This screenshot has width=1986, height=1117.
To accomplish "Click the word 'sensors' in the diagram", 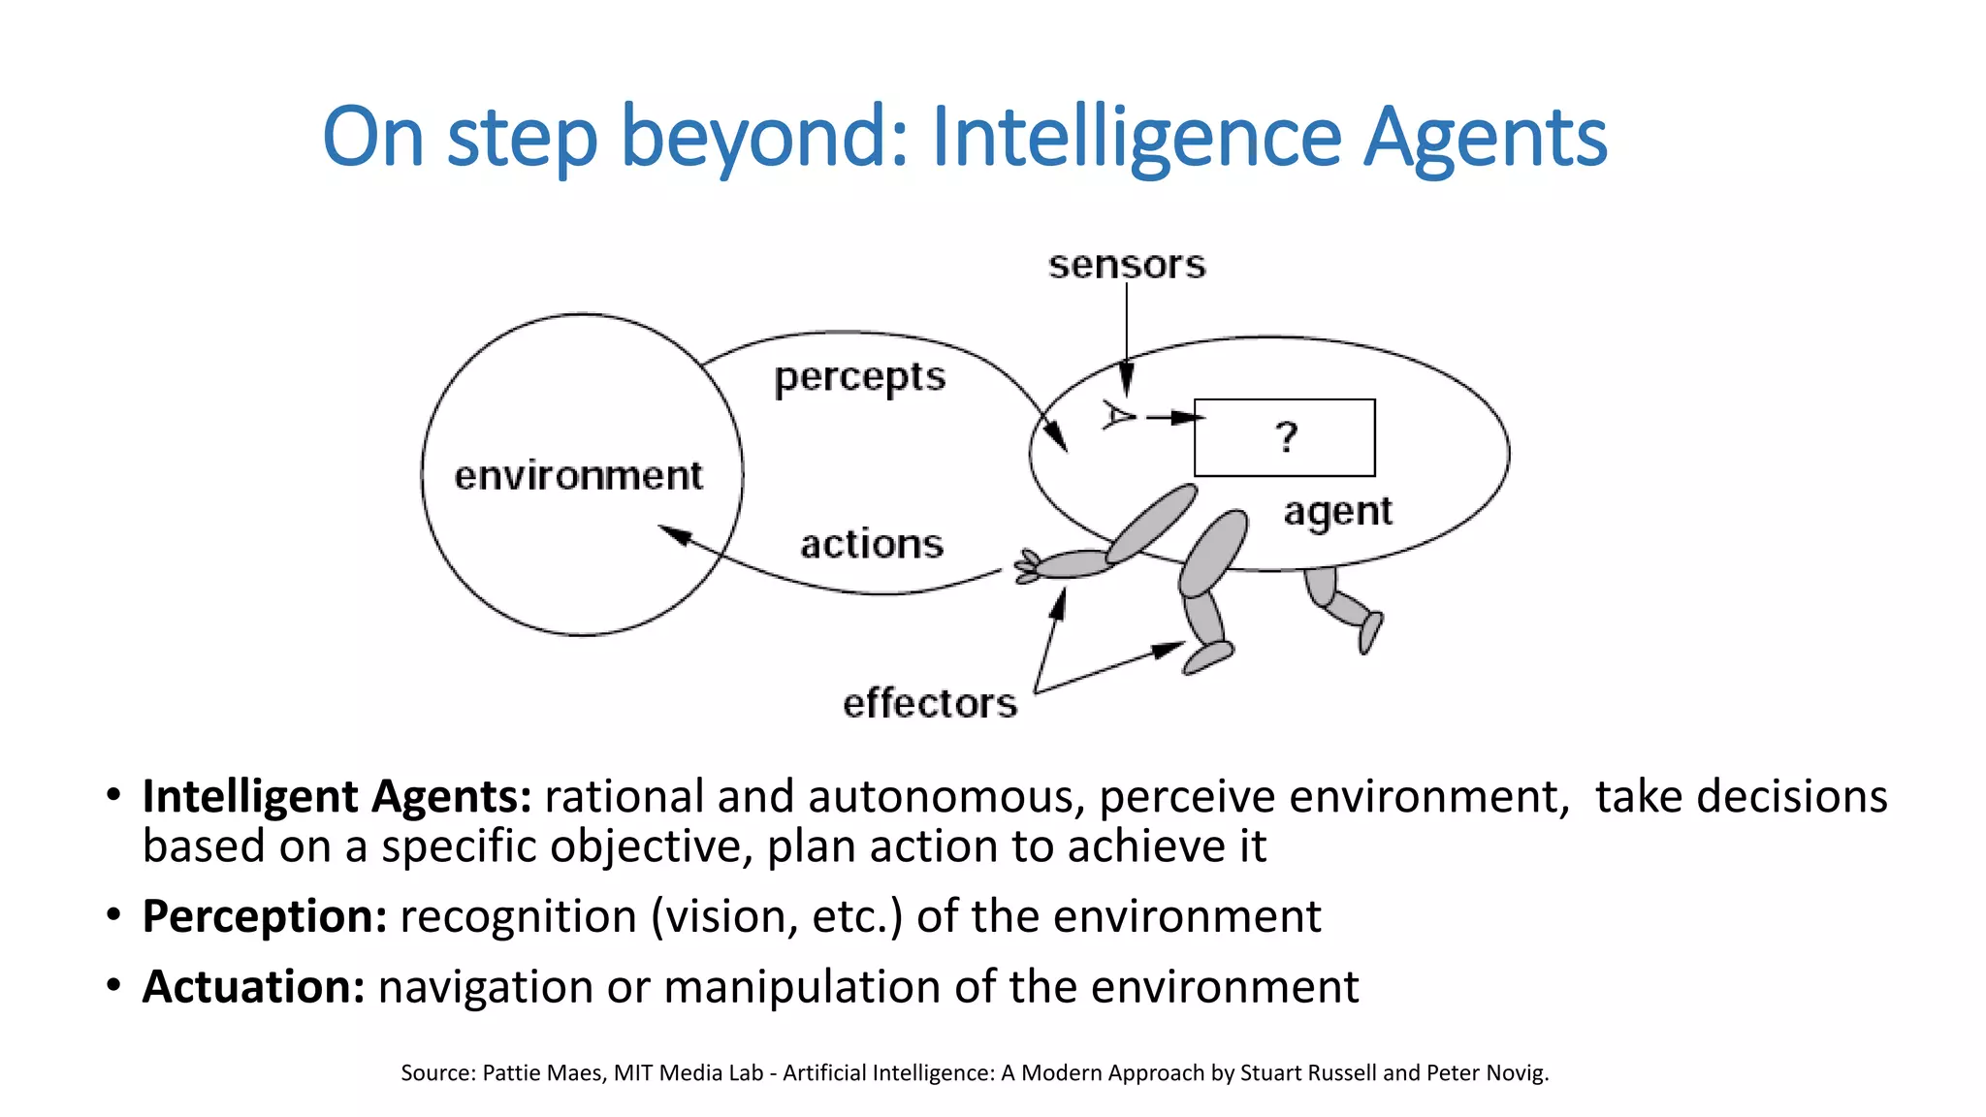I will coord(1127,265).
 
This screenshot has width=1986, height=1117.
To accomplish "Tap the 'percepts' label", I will coord(859,378).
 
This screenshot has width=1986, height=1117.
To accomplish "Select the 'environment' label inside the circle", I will coord(578,476).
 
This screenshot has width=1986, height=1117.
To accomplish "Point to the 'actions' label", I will coord(871,544).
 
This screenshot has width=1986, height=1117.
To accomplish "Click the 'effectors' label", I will coord(930,703).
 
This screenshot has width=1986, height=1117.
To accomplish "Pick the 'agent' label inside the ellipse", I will coord(1337,512).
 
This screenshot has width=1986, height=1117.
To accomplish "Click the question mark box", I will coord(1284,437).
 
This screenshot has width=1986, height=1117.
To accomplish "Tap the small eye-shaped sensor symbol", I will coord(1118,416).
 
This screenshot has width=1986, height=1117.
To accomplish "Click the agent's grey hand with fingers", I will coord(1028,566).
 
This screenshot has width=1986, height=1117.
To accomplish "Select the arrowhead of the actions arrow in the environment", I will coord(673,533).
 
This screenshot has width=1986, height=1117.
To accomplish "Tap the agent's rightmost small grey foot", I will coord(1369,632).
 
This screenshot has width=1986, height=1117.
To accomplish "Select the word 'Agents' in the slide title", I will coord(1486,137).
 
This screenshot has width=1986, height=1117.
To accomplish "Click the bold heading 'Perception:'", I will coord(265,916).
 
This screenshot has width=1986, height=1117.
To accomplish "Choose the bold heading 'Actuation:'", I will coord(253,987).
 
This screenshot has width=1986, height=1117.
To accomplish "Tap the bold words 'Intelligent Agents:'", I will coord(336,796).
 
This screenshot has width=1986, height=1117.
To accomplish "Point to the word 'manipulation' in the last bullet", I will coord(802,987).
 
